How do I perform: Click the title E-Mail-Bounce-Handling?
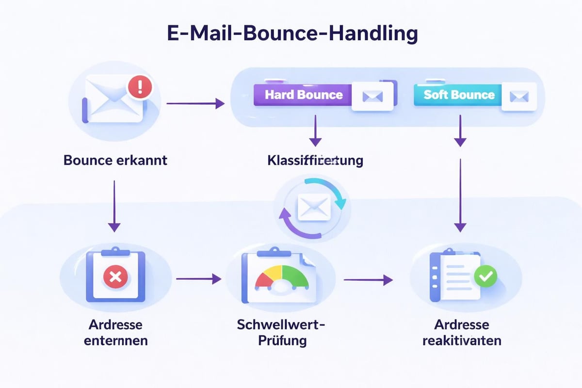click(x=291, y=35)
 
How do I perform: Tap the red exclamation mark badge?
click(x=140, y=88)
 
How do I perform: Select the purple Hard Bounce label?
click(x=304, y=95)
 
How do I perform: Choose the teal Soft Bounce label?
click(x=459, y=95)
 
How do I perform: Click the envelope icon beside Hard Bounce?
click(x=372, y=97)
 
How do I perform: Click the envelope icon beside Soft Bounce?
click(x=519, y=97)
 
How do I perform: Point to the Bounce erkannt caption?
click(x=115, y=160)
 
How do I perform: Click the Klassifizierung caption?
click(x=315, y=160)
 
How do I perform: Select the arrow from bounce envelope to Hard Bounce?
click(x=195, y=103)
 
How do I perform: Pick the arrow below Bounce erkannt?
click(x=114, y=206)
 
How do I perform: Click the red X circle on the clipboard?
click(x=115, y=277)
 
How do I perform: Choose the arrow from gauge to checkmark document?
click(x=368, y=279)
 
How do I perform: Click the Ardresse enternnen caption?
click(x=115, y=332)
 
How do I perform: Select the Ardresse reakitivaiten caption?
click(x=462, y=332)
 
